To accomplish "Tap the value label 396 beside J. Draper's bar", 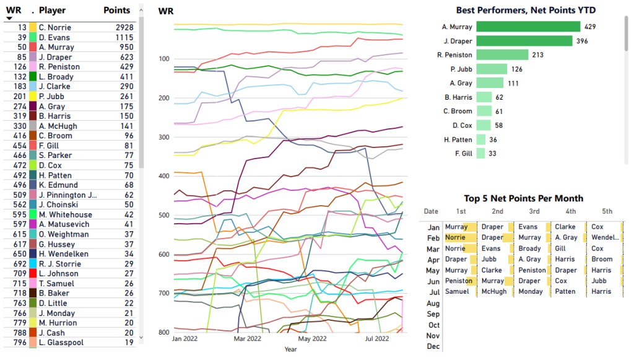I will [581, 41].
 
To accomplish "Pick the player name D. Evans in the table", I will [54, 37].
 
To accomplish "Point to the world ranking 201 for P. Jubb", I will [19, 96].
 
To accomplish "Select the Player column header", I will [52, 11].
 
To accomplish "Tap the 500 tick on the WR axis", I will [164, 215].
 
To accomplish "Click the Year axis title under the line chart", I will [290, 349].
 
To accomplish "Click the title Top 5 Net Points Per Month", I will [523, 198].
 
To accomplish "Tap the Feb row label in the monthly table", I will [433, 238].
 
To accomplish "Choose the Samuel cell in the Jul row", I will [457, 291].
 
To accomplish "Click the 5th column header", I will [607, 212].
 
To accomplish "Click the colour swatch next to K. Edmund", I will [33, 185].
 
